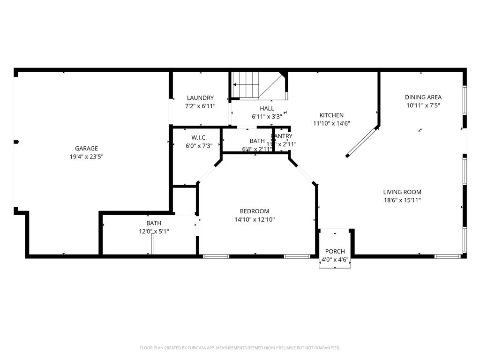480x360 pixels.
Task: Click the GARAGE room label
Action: point(86,149)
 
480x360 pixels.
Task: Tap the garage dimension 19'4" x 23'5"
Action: point(86,157)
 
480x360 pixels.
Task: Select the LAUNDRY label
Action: point(200,98)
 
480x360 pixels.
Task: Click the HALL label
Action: point(267,108)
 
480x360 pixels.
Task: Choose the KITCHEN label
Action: point(331,115)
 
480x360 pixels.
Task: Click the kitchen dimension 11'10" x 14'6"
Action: point(331,124)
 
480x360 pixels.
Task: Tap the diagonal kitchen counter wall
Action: point(362,141)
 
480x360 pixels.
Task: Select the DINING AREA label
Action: point(423,97)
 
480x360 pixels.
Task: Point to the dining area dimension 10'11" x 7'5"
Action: point(423,105)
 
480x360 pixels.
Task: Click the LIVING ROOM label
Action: point(402,192)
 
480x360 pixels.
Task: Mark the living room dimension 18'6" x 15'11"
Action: point(402,200)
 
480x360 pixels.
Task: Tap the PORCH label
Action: point(335,252)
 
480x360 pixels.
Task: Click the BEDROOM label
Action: point(255,211)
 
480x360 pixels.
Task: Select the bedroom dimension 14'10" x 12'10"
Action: point(255,219)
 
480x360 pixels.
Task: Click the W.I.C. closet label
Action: point(199,137)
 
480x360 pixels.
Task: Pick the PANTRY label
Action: point(282,136)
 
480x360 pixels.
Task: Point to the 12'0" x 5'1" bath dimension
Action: point(154,231)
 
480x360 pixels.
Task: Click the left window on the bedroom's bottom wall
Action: point(216,256)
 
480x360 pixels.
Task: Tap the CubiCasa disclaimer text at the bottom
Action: point(240,348)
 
